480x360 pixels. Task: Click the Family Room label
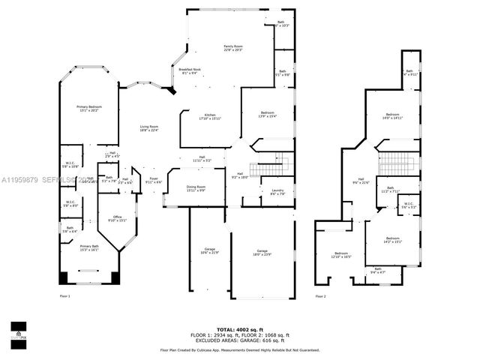pyautogui.click(x=233, y=48)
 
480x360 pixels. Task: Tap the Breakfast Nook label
pyautogui.click(x=189, y=71)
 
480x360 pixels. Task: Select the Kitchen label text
pyautogui.click(x=209, y=117)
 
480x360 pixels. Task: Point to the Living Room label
pyautogui.click(x=148, y=128)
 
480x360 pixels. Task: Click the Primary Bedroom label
pyautogui.click(x=88, y=109)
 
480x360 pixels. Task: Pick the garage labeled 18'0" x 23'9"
pyautogui.click(x=262, y=252)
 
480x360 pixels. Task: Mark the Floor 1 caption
pyautogui.click(x=64, y=296)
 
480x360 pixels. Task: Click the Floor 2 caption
pyautogui.click(x=321, y=296)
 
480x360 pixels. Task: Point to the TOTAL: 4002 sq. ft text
pyautogui.click(x=239, y=329)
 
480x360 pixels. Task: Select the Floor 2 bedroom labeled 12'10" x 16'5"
pyautogui.click(x=341, y=254)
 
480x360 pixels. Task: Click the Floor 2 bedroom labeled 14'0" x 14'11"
pyautogui.click(x=393, y=115)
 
